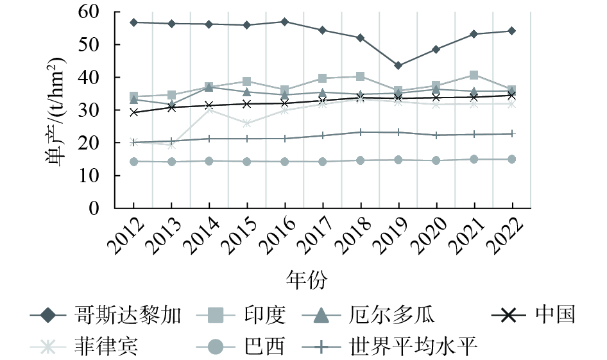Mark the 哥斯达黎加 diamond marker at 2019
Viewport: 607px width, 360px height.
click(398, 65)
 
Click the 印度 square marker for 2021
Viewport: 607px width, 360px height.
click(474, 75)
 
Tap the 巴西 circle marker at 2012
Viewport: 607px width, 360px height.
click(133, 162)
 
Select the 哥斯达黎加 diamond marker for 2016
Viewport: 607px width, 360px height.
click(285, 22)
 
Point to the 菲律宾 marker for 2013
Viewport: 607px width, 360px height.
click(171, 145)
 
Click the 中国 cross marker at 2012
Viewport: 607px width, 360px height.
click(133, 112)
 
